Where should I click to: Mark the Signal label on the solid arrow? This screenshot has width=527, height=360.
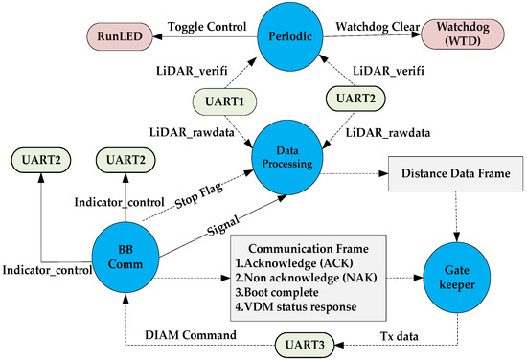(x=223, y=228)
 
